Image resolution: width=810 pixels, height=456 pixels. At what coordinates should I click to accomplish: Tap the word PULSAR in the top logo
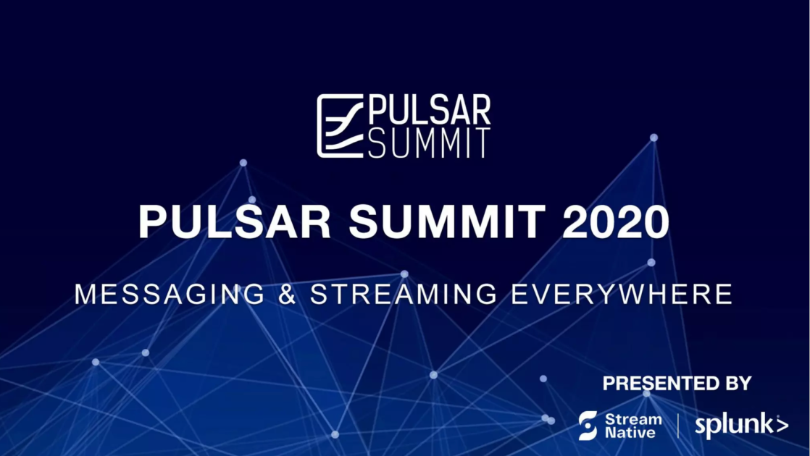[x=430, y=110]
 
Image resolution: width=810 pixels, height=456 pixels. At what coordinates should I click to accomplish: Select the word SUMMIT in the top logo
[x=429, y=143]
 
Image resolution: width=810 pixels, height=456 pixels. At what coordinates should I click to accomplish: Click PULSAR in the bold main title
[x=234, y=221]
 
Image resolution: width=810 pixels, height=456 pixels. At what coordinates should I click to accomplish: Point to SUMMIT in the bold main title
[x=447, y=221]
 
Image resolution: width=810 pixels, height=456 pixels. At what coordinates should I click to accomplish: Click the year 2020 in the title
[x=615, y=221]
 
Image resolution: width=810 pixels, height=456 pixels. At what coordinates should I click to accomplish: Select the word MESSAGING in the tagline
[x=170, y=294]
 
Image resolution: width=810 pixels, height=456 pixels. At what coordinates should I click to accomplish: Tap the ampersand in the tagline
[x=287, y=294]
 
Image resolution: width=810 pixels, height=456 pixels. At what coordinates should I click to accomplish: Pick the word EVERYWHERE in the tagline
[x=622, y=294]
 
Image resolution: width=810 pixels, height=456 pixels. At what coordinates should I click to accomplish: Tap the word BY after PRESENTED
[x=739, y=384]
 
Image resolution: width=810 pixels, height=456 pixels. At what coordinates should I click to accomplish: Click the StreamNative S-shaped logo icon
[x=588, y=426]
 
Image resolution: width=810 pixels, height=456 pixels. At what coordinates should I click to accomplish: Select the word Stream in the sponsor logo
[x=633, y=419]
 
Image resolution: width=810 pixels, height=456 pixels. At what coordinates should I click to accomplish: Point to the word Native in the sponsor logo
[x=630, y=432]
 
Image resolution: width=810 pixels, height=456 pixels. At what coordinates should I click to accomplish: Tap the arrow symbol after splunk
[x=782, y=425]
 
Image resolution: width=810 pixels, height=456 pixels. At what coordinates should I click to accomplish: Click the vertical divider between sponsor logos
[x=678, y=426]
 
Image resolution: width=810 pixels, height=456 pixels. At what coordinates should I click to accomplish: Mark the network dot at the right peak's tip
[x=654, y=138]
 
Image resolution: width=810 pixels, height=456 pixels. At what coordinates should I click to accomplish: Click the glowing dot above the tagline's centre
[x=404, y=274]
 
